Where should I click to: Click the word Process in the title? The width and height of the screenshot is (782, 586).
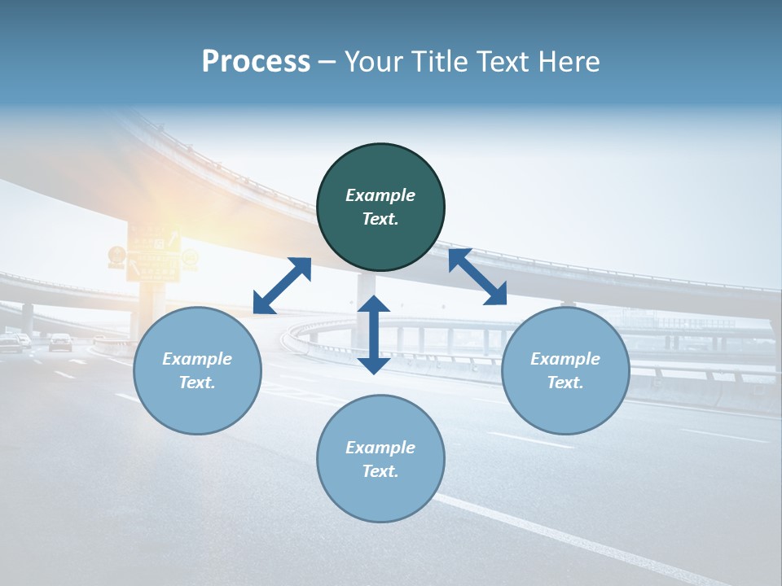[256, 62]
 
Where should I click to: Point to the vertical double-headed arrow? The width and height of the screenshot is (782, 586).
[374, 335]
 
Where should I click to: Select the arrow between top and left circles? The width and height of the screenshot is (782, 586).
[282, 286]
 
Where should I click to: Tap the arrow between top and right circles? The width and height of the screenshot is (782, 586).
[477, 277]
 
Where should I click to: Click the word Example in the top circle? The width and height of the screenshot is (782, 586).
[380, 195]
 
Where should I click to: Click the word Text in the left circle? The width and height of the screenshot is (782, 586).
[197, 383]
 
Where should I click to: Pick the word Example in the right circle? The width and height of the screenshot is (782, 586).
[565, 359]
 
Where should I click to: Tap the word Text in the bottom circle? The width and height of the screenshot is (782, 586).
[380, 471]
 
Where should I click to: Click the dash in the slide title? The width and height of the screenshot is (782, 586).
[327, 62]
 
